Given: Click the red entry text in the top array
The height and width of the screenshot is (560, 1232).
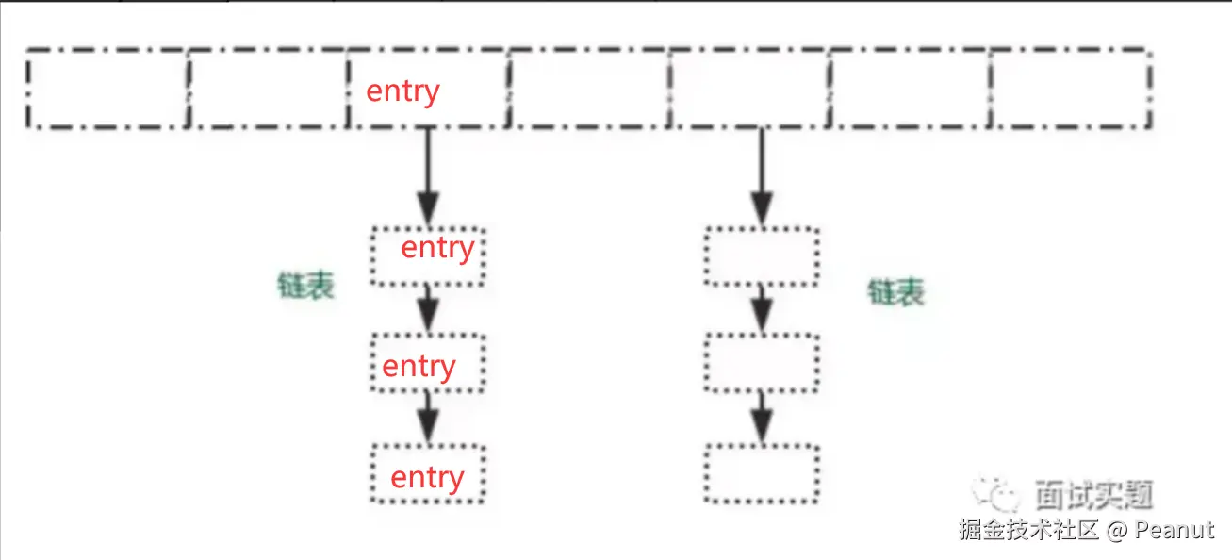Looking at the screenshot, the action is click(402, 91).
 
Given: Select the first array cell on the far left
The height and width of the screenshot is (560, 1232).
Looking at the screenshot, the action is click(107, 88).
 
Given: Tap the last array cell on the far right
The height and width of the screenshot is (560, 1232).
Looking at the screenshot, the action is click(1071, 88).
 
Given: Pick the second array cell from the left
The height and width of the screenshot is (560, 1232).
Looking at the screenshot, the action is click(268, 88).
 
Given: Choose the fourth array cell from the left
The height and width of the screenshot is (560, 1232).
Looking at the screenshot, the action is click(589, 88).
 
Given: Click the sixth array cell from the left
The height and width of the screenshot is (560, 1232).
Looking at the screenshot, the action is click(911, 88).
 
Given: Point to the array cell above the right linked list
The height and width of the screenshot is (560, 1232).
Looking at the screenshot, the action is click(750, 88).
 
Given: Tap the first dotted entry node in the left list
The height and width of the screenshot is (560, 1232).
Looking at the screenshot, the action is click(429, 255).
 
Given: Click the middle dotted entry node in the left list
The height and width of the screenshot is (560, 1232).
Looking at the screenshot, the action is click(429, 364).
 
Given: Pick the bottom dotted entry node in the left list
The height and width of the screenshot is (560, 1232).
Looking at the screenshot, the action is click(429, 474).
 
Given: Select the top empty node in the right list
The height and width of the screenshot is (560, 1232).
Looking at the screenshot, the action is click(762, 255).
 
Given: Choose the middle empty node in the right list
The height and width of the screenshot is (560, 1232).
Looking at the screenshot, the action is click(762, 364).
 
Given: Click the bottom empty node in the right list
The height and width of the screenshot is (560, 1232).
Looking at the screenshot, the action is click(762, 474).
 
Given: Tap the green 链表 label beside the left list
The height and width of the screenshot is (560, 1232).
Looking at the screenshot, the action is click(305, 286).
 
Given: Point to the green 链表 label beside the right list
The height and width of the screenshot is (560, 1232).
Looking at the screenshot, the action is click(895, 292).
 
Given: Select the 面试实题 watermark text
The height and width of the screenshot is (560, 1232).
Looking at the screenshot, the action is click(1093, 494).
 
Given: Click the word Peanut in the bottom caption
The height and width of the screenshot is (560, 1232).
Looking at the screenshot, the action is click(1175, 531).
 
